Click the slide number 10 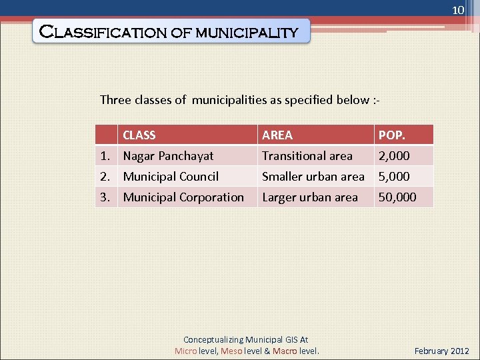click(x=457, y=11)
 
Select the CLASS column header click(x=139, y=135)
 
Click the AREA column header click(x=277, y=135)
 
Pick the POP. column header click(x=391, y=135)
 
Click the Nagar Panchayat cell click(x=168, y=156)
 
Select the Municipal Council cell click(x=171, y=177)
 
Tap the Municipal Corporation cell click(x=183, y=197)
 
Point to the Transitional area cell click(x=307, y=156)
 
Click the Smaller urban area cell click(x=313, y=177)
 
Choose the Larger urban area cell click(x=309, y=197)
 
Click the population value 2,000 click(x=394, y=156)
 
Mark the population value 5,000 click(x=394, y=177)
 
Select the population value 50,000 click(x=397, y=197)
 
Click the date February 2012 click(x=442, y=351)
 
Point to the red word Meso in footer click(x=231, y=351)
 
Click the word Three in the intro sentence click(x=115, y=100)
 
